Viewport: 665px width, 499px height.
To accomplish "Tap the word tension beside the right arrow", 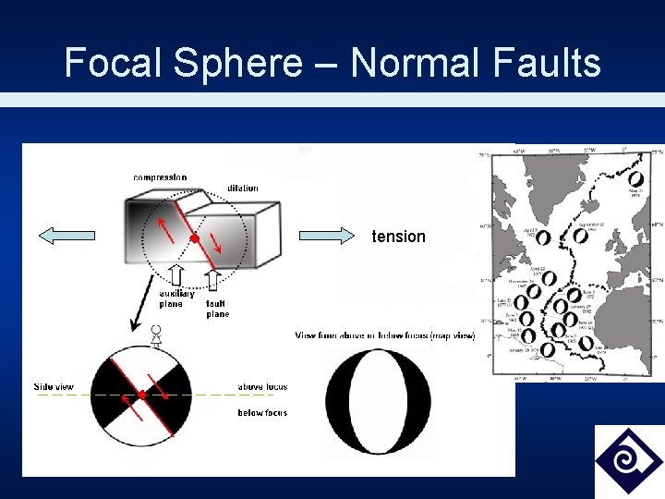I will click(398, 237).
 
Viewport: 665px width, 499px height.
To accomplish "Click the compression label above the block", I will click(160, 177).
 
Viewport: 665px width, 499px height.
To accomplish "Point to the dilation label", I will click(243, 189).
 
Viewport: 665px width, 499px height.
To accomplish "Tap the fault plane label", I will click(218, 309).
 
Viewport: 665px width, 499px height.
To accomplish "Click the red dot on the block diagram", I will click(194, 239).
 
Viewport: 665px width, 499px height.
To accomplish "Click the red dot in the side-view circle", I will click(142, 396).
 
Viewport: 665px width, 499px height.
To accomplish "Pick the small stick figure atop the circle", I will click(156, 335).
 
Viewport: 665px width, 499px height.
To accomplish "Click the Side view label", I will click(54, 386).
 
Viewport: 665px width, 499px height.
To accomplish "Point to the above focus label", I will click(263, 387).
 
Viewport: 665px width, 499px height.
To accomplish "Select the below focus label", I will click(263, 413).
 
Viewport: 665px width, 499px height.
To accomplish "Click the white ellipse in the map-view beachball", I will click(379, 399).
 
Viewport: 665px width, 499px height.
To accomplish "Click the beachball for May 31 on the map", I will click(635, 178).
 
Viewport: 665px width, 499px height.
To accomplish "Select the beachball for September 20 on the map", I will click(580, 235).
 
